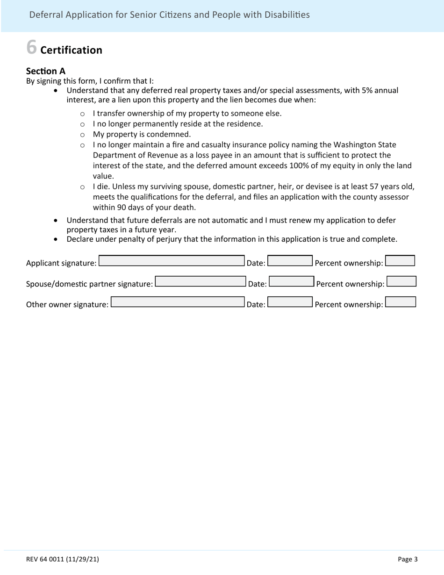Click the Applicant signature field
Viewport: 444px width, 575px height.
172,261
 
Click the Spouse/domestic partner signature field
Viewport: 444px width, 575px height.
200,281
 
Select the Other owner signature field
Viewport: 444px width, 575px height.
178,302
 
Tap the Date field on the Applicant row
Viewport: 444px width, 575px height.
290,261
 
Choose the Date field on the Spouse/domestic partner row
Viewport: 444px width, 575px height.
292,281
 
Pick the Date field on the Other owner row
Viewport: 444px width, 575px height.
290,302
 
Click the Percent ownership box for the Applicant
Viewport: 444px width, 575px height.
400,260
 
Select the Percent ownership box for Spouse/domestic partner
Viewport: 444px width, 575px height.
401,281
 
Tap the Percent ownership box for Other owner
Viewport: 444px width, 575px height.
401,302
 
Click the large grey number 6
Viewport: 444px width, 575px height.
31,47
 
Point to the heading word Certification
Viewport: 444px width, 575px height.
71,50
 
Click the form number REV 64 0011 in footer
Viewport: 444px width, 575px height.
62,559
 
